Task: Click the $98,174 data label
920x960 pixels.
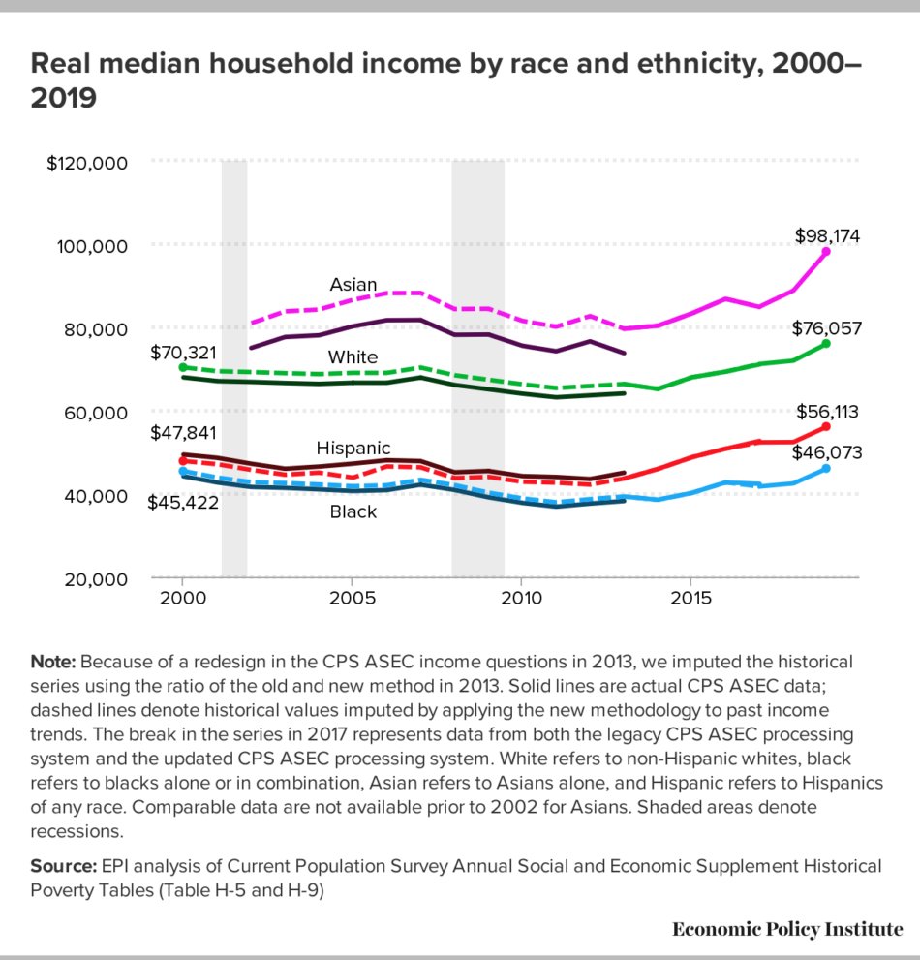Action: pos(827,235)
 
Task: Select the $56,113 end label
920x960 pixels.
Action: pos(826,412)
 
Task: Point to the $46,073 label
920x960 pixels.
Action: pos(826,452)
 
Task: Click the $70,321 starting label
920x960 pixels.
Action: pos(182,352)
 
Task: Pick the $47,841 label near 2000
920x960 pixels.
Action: pos(182,432)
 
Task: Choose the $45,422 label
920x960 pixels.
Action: pos(182,502)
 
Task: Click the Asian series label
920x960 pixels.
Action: pos(353,285)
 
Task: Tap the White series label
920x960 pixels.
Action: pos(353,357)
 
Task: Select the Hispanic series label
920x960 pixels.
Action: pos(353,448)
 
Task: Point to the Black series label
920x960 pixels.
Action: pos(353,511)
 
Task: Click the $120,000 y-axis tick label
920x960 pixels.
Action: pos(87,163)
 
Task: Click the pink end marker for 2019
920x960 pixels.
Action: pos(826,252)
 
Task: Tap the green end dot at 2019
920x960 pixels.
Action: pos(826,343)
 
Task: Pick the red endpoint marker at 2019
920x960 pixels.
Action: pos(826,426)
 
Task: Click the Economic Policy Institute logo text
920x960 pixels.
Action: pos(787,929)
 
